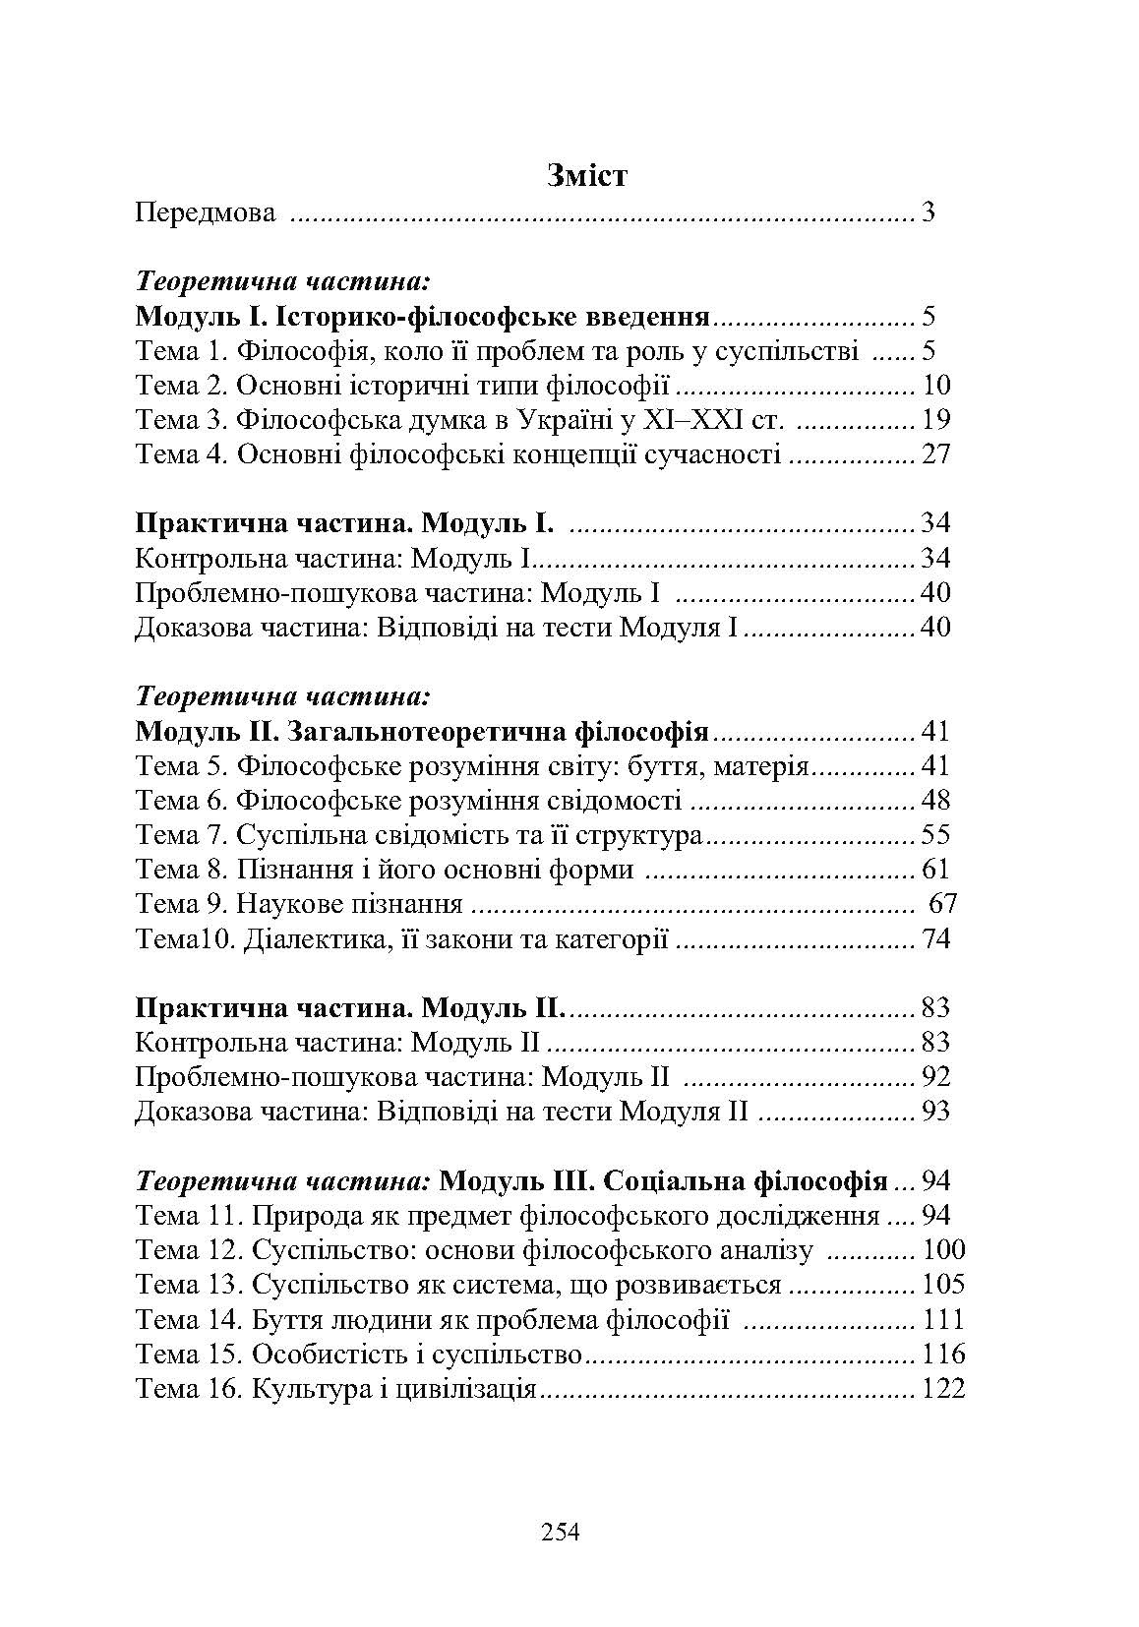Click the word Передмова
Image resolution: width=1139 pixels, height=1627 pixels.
(206, 212)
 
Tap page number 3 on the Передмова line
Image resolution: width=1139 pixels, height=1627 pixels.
(929, 212)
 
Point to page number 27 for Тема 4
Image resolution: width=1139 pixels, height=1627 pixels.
(935, 454)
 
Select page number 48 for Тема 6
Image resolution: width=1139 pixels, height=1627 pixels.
(935, 801)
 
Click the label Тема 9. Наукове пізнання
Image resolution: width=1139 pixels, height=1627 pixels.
(299, 904)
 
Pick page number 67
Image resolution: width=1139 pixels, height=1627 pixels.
(941, 904)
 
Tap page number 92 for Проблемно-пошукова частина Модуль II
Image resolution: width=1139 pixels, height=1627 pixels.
(935, 1077)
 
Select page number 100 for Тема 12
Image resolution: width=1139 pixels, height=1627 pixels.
(943, 1250)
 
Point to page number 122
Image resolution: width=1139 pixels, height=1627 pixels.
(943, 1389)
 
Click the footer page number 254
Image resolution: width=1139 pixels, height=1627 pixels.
(561, 1532)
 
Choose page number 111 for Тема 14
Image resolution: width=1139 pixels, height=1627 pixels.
(943, 1320)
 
